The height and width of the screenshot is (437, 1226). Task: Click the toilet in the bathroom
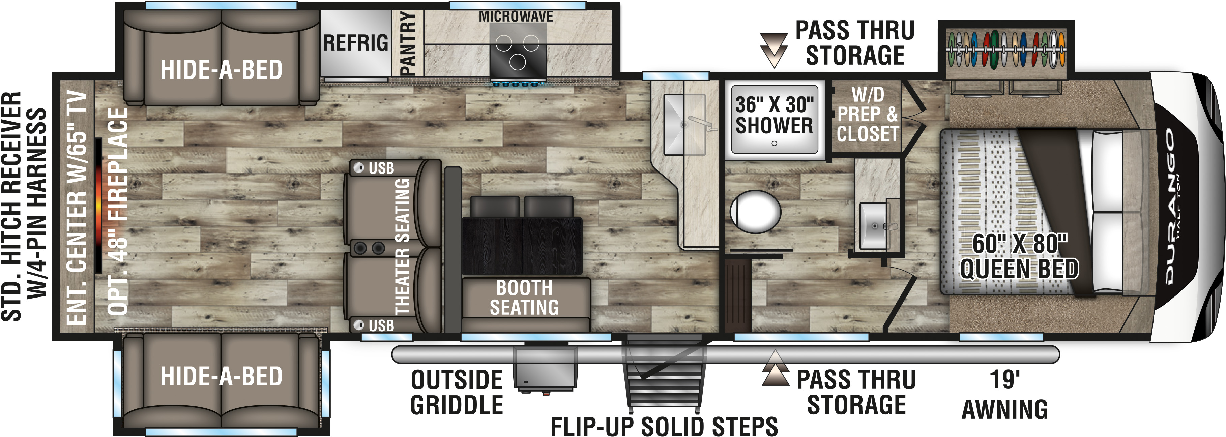click(x=755, y=212)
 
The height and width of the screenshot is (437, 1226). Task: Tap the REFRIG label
click(x=355, y=43)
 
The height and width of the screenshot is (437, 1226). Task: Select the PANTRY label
click(x=408, y=43)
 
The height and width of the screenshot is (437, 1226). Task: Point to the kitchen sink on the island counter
click(x=684, y=124)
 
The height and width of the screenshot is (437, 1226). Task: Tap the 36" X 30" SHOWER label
click(x=774, y=115)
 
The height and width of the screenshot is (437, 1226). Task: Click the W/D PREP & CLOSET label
click(x=868, y=115)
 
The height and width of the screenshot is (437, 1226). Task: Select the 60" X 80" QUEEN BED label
click(x=1019, y=256)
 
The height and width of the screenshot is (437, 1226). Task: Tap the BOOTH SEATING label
click(x=524, y=298)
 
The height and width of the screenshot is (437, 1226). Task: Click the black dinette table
click(x=522, y=246)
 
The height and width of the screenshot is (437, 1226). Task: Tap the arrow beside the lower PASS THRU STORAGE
click(x=775, y=368)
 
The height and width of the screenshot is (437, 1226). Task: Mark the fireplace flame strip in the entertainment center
click(x=98, y=206)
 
